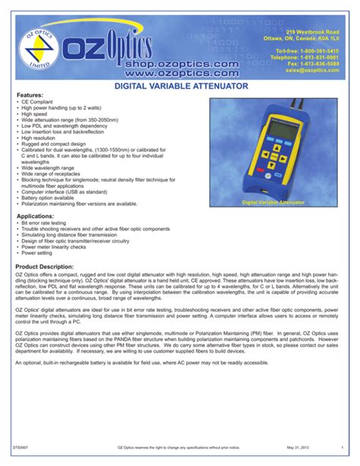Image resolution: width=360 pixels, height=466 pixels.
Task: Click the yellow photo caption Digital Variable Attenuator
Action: (x=273, y=203)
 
